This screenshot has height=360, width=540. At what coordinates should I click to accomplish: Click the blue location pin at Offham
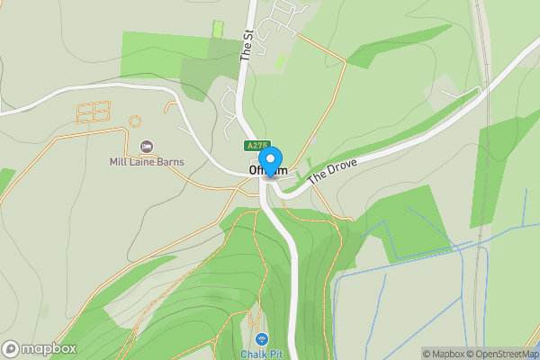269,160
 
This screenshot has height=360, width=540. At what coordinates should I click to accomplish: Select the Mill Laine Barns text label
148,162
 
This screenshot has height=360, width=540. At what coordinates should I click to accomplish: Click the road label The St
246,45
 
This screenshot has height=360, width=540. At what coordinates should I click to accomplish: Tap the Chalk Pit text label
261,354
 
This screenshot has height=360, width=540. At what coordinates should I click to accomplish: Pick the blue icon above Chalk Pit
261,339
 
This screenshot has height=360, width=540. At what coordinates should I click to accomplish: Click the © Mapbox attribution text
442,354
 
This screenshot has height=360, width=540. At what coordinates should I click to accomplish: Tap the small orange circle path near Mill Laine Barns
136,121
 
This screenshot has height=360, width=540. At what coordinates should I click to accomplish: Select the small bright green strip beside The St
217,28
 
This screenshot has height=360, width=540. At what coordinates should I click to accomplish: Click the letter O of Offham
253,170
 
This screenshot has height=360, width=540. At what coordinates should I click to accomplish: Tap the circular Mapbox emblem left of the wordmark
11,348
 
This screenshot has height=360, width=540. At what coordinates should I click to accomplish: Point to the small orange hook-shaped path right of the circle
168,107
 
